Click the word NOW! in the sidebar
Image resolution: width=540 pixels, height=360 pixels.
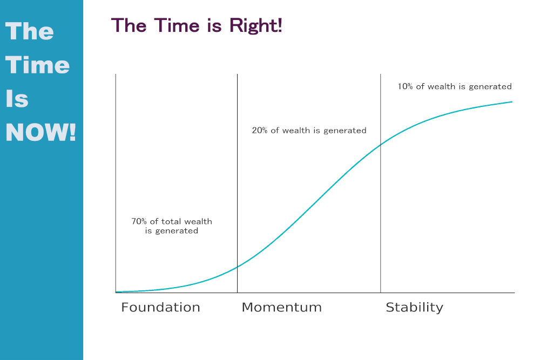[x=41, y=133]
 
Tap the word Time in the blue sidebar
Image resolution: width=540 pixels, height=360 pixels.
[x=38, y=66]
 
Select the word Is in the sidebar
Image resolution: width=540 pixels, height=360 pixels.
[x=17, y=99]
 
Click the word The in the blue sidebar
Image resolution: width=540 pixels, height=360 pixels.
[x=30, y=31]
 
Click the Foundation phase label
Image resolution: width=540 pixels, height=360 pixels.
[x=160, y=308]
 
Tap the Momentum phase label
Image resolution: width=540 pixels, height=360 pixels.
[x=281, y=308]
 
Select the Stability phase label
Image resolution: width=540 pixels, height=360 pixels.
[x=414, y=308]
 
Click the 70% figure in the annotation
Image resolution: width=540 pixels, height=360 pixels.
[x=140, y=221]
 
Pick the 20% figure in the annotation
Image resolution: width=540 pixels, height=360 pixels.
[x=260, y=130]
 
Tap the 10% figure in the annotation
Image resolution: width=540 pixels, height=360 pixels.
[x=406, y=86]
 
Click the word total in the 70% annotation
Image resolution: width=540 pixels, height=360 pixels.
[x=171, y=221]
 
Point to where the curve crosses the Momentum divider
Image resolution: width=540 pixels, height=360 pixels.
[x=237, y=267]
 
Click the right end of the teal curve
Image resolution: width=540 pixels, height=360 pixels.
[x=511, y=101]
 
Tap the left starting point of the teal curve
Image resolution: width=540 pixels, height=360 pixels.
[x=117, y=291]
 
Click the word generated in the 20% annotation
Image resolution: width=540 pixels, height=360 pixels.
[x=345, y=130]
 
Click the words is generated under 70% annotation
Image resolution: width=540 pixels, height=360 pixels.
[x=172, y=231]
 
